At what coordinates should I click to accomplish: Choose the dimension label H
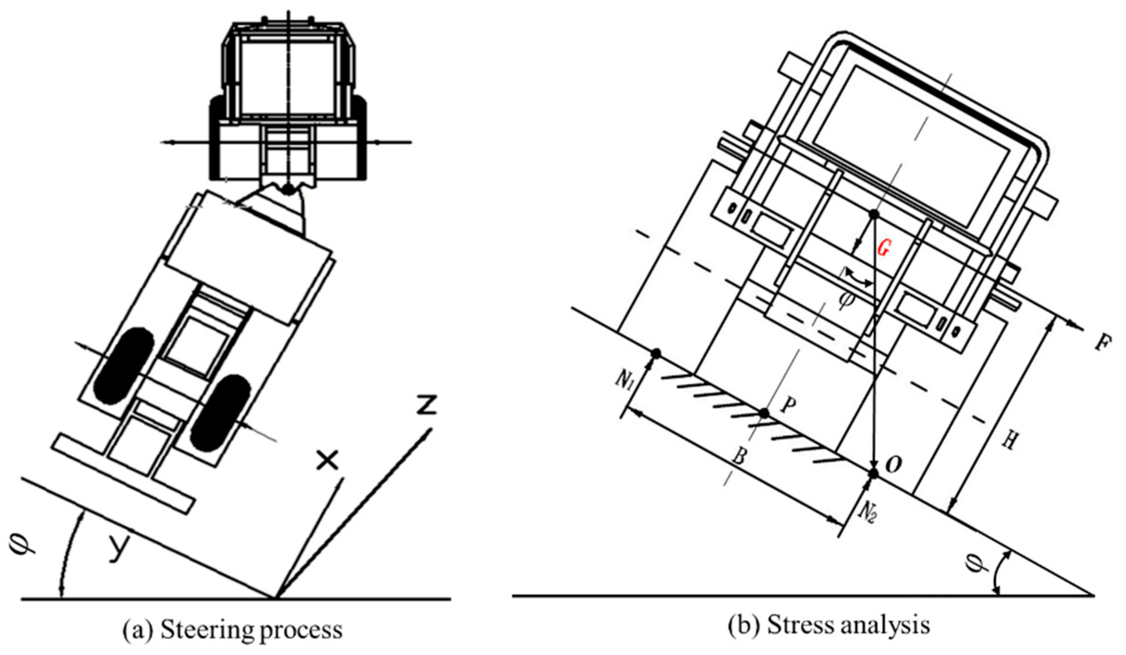pyautogui.click(x=1009, y=441)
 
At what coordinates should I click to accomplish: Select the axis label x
pyautogui.click(x=327, y=460)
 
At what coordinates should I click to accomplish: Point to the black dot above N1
pyautogui.click(x=656, y=353)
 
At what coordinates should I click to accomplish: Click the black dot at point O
pyautogui.click(x=873, y=474)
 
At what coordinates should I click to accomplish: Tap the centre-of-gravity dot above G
pyautogui.click(x=873, y=214)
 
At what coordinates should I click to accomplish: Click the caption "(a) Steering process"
pyautogui.click(x=233, y=631)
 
